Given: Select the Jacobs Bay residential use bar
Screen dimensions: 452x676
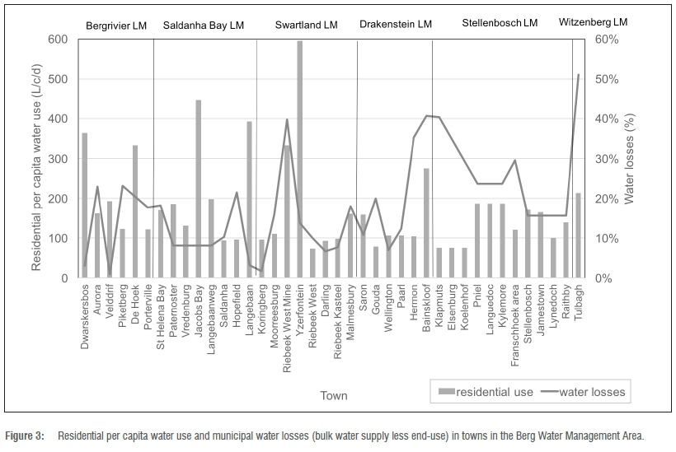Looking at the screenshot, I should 199,189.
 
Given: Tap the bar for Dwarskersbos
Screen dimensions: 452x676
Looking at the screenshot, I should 84,206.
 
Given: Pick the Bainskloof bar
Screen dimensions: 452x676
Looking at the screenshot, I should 426,223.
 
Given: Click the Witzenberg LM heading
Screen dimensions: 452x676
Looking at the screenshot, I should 593,22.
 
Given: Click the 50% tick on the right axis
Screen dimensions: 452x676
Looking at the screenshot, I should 606,79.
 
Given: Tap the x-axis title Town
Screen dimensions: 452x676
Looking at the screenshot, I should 333,395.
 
